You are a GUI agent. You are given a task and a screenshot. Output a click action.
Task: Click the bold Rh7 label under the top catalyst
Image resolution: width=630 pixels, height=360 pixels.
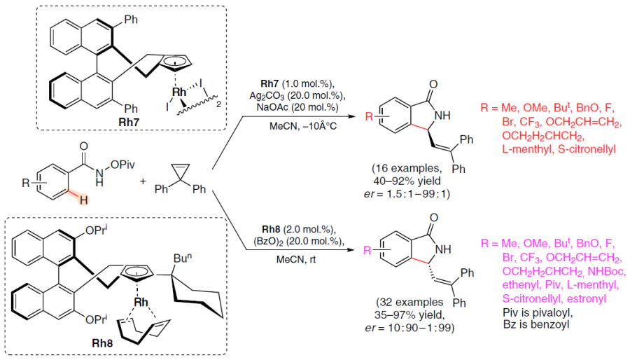point(129,122)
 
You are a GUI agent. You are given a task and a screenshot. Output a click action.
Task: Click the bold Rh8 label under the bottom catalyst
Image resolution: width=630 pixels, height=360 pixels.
point(102,343)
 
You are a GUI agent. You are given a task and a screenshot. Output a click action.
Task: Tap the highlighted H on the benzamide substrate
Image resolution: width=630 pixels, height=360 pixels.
point(83,200)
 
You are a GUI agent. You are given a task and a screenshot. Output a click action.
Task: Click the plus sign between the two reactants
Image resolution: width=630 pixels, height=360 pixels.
point(143,181)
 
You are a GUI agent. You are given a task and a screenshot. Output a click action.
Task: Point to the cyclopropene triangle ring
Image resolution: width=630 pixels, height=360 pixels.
point(180,171)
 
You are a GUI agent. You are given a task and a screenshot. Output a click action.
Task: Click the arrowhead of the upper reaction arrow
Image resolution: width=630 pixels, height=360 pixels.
point(352,116)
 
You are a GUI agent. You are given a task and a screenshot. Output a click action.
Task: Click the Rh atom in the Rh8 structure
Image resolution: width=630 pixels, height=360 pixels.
point(141,302)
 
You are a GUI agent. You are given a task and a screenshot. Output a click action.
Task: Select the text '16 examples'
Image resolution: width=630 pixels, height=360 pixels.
point(407,168)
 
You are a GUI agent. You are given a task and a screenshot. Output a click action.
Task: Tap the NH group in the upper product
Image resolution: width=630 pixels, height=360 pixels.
point(442,116)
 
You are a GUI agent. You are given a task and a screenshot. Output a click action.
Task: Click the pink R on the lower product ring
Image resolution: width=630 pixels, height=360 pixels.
point(367,251)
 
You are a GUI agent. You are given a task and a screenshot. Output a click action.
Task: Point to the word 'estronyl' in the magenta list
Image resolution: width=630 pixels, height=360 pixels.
point(587,298)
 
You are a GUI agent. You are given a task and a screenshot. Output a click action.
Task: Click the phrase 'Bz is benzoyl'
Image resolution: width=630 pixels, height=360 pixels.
point(536,324)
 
